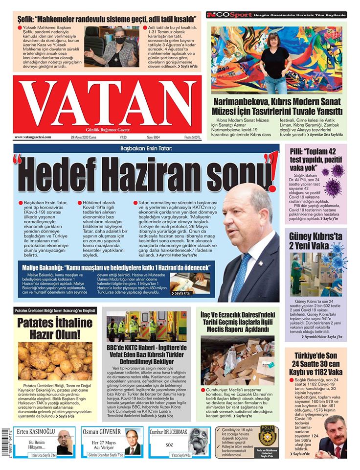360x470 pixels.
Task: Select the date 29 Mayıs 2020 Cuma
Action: (83, 138)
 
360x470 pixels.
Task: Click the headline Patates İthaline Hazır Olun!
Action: (54, 329)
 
